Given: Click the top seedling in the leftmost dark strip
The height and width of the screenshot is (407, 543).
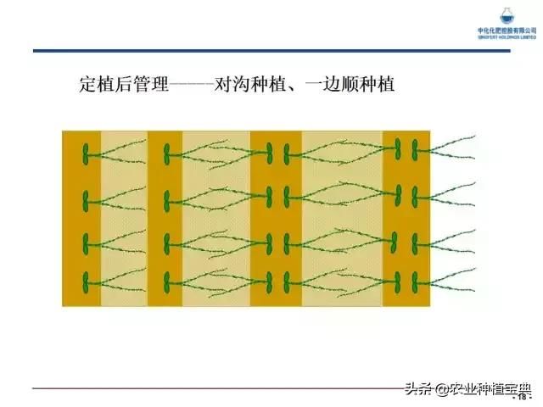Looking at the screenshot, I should [86, 154].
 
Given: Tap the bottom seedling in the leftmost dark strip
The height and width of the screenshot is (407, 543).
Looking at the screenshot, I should [86, 280].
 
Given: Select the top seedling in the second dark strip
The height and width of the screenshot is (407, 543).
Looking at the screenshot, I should [167, 154].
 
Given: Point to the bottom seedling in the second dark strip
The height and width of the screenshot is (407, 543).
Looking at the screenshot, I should [167, 280].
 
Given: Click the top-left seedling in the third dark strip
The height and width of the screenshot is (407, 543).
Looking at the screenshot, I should [268, 153].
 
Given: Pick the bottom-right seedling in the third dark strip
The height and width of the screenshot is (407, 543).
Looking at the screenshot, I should [288, 280].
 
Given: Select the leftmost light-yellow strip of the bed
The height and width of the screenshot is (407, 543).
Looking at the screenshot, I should [124, 219].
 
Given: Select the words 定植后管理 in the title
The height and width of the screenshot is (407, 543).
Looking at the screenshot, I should [123, 85].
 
